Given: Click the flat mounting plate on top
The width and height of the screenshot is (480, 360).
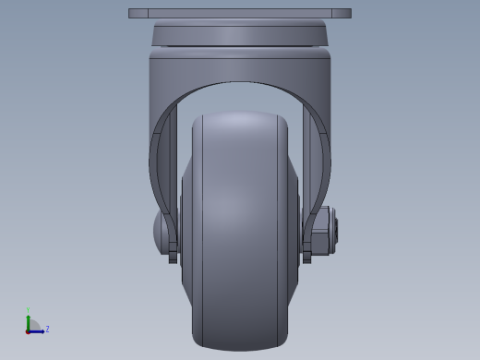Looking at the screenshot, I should (x=239, y=14).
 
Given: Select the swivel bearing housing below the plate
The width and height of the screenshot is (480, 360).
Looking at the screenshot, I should (x=239, y=35).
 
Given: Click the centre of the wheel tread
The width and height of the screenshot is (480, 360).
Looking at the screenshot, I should (x=239, y=231).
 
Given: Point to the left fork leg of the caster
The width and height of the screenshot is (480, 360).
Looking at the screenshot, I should (x=162, y=166).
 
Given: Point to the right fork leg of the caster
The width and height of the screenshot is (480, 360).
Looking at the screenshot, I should (x=318, y=166).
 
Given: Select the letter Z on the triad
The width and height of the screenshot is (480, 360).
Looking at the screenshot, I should (x=47, y=329).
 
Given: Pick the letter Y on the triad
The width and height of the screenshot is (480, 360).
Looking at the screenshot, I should (x=29, y=311).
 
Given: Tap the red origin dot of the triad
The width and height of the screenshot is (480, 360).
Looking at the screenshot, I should (x=29, y=330).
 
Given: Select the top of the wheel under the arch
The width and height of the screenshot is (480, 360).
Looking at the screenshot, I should (x=239, y=117).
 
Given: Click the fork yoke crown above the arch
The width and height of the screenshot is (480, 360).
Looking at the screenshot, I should (x=239, y=66).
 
